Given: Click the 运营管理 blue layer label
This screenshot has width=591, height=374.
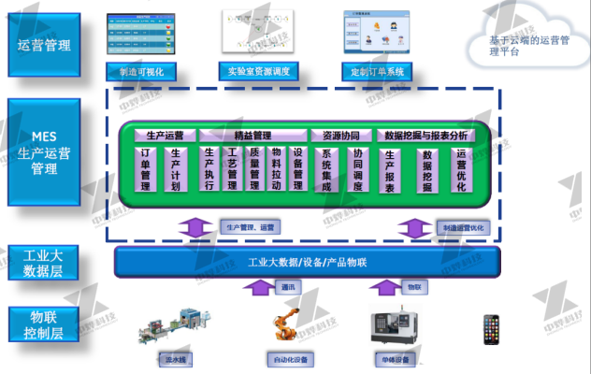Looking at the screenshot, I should point(44,45).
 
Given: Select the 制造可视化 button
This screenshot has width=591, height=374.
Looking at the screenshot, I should point(142,70).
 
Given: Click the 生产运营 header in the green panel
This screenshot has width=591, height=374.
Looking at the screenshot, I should point(164,135).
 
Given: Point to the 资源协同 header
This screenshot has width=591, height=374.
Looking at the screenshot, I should point(340,135).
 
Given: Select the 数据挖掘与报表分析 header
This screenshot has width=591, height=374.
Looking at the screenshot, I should point(425,135).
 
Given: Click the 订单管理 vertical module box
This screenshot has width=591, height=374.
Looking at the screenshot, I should point(146,169).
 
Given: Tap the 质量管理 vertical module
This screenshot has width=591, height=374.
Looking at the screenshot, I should point(253,169).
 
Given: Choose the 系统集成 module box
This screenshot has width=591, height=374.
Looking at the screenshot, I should point(326,169).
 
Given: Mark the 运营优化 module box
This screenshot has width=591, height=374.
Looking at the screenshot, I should point(460,169).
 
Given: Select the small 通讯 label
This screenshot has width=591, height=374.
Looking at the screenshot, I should point(290,290).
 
